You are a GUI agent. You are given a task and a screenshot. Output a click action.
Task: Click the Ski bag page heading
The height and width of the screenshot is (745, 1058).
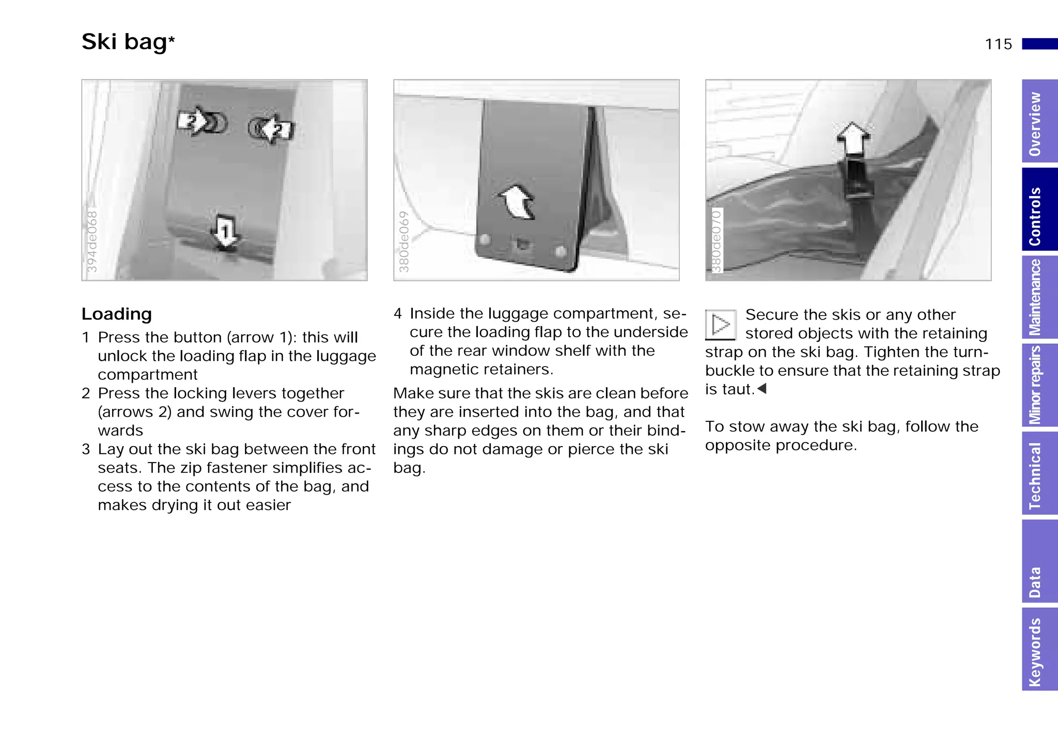128,42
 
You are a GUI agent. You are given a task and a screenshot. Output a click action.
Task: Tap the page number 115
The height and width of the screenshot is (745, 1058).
998,44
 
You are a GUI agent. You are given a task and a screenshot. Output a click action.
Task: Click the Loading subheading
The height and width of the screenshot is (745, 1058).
117,314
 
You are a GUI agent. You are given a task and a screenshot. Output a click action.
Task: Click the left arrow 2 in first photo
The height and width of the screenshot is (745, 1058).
192,121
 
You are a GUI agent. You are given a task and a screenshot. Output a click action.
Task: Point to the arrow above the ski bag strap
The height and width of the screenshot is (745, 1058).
853,138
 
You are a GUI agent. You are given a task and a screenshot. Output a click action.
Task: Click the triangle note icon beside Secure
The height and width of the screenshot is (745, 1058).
720,325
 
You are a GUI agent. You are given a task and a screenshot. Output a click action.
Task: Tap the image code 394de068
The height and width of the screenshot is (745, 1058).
92,241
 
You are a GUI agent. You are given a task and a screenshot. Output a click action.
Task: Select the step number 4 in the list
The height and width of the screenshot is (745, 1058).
397,313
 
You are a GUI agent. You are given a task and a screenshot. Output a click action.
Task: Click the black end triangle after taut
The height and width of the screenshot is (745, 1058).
761,388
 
